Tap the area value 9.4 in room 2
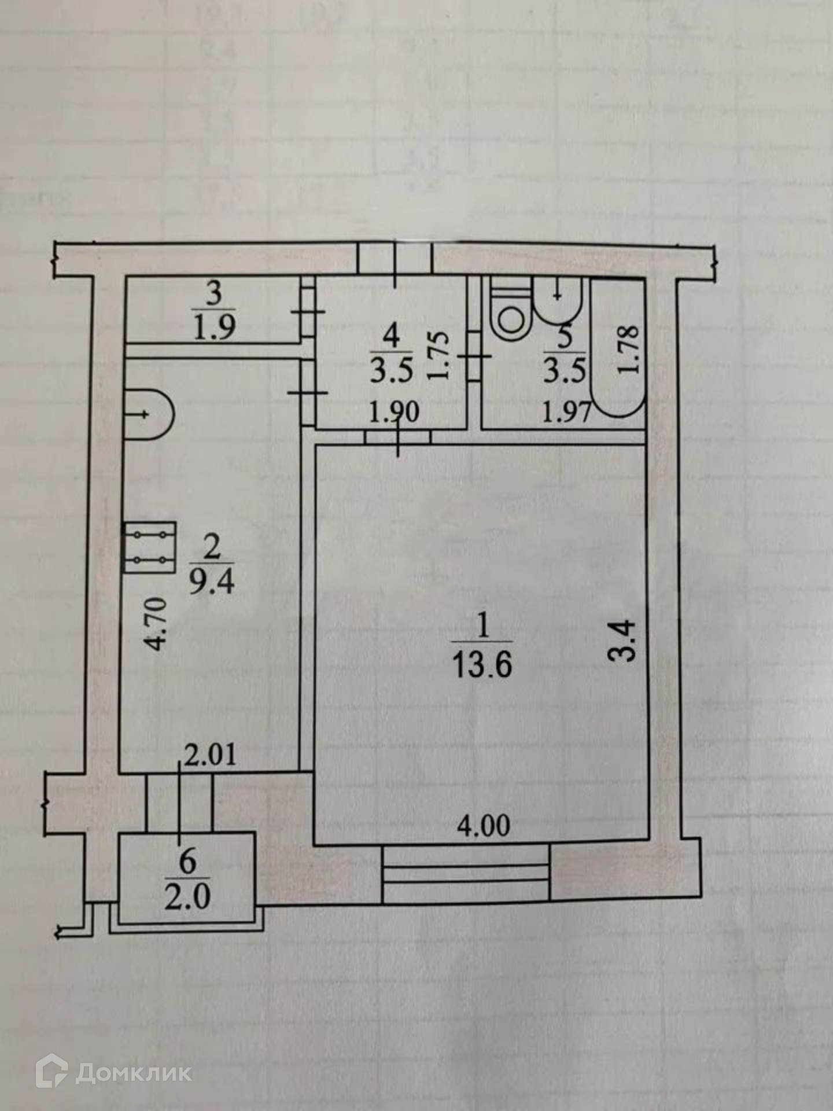[212, 583]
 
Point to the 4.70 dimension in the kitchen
[157, 624]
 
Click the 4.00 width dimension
[484, 826]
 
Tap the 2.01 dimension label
[209, 756]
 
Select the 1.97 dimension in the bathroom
[566, 413]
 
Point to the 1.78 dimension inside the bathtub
[629, 350]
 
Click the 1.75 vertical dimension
[439, 355]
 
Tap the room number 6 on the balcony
[187, 862]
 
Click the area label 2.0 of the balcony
[187, 898]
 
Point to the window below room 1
[466, 873]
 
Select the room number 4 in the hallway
[391, 336]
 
